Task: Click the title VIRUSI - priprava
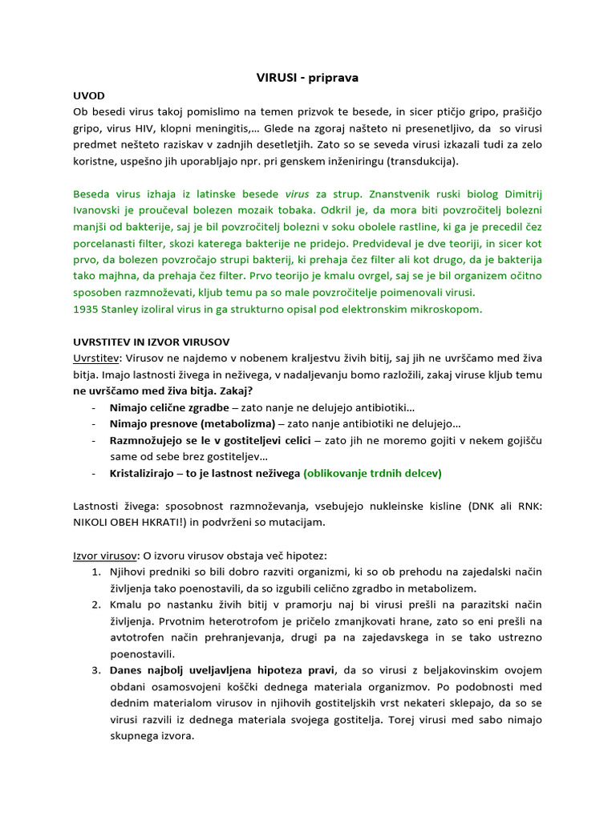coord(307,78)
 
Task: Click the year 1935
coord(87,309)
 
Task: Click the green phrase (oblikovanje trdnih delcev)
coord(372,473)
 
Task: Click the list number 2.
coord(95,604)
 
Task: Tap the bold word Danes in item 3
coord(129,669)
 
